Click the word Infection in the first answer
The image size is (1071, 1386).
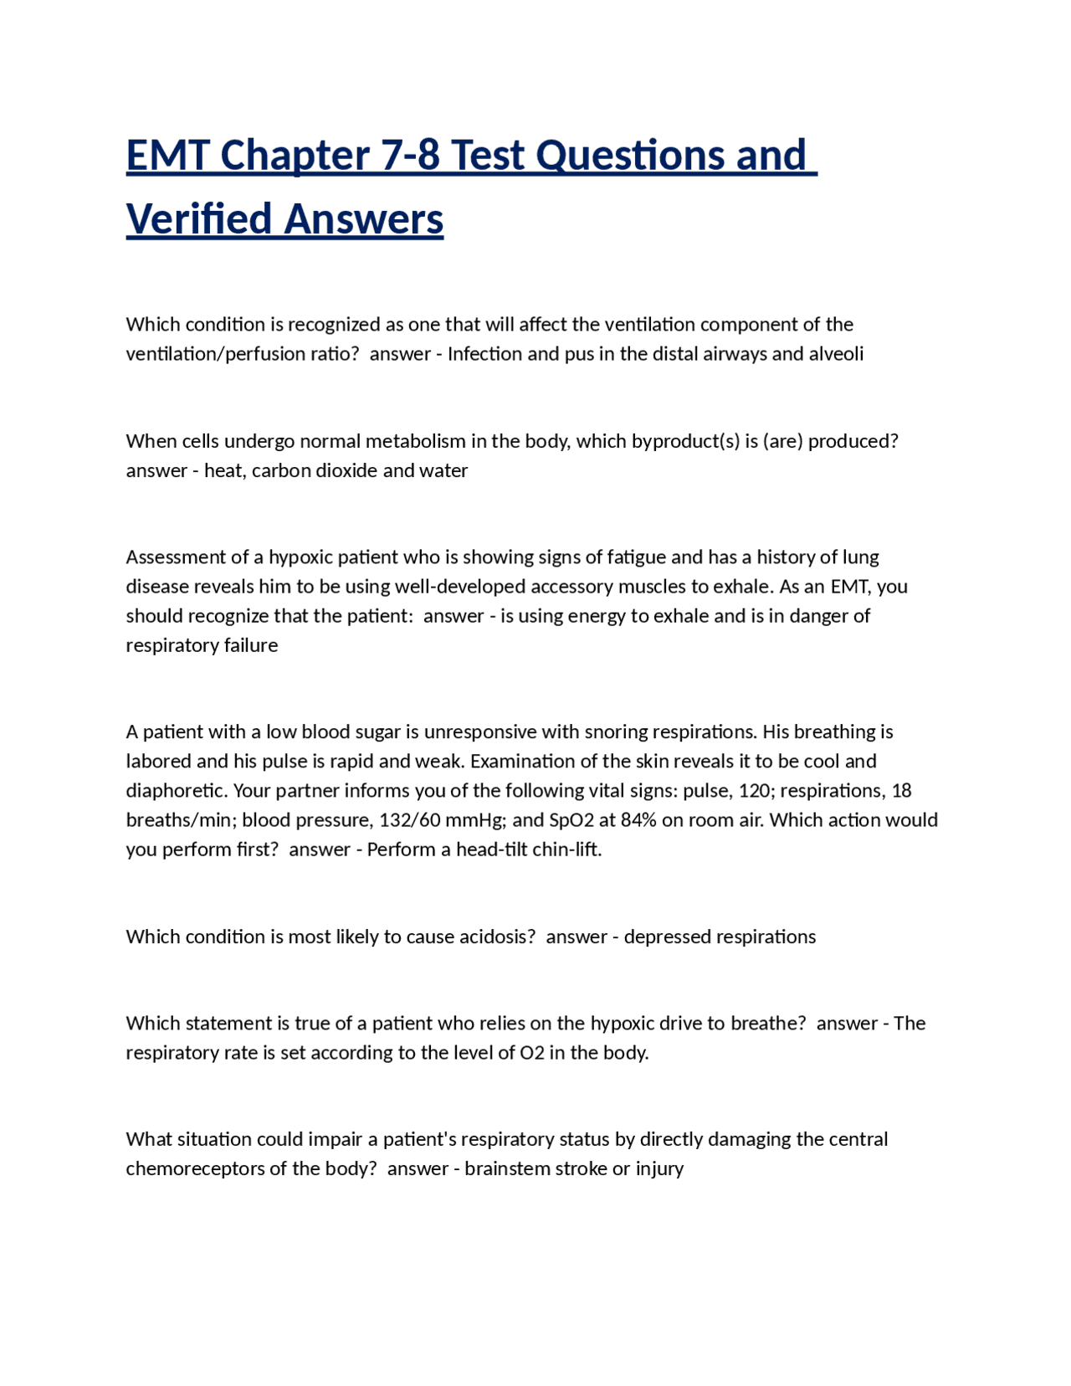[484, 354]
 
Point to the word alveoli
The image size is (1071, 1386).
[836, 354]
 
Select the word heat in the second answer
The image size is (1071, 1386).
[223, 470]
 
